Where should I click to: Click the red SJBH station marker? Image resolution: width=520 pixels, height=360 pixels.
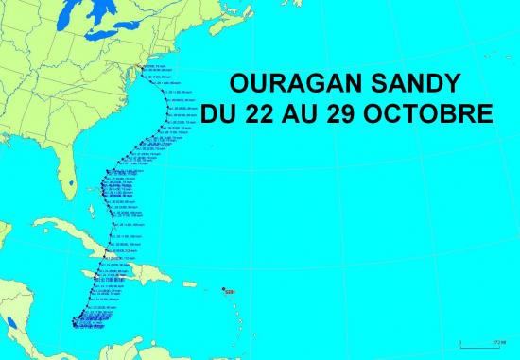point(222,289)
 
